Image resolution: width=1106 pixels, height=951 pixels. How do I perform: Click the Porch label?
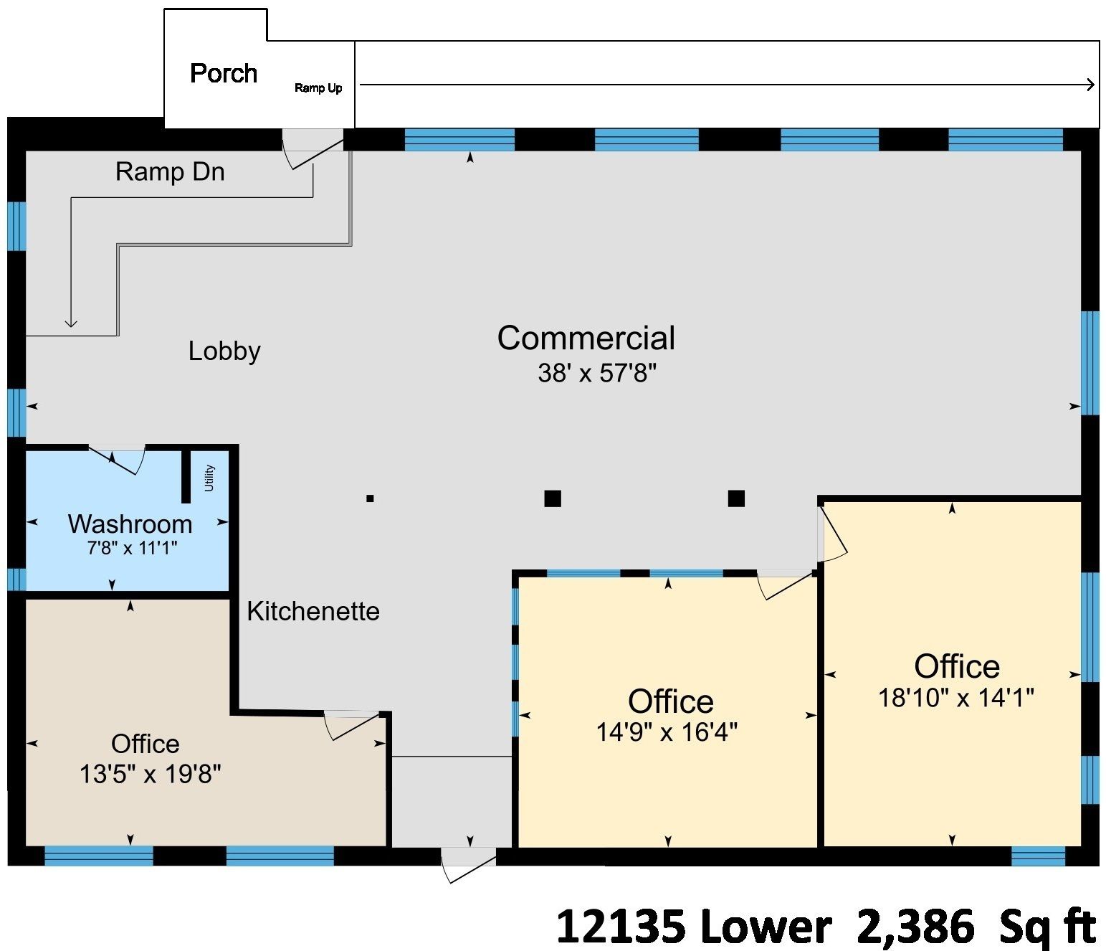(x=224, y=73)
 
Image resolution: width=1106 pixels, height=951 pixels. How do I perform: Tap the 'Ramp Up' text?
(x=318, y=88)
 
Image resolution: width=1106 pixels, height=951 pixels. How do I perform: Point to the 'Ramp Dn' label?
(x=170, y=172)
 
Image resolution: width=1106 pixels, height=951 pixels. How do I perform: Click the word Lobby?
(x=225, y=352)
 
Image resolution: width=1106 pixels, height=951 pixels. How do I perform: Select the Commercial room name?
(x=586, y=338)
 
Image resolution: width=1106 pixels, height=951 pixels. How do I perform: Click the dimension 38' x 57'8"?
(x=596, y=373)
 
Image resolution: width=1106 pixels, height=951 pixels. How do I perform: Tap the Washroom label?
(x=130, y=524)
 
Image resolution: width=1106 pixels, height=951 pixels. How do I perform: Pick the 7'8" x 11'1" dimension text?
(x=132, y=549)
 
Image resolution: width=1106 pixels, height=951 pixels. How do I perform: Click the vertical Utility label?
(x=209, y=478)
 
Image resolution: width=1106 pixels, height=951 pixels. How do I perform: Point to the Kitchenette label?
(x=313, y=612)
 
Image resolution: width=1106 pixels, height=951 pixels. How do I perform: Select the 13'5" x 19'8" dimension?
(x=151, y=775)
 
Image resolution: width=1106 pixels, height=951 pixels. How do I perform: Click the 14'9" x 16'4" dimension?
(x=667, y=732)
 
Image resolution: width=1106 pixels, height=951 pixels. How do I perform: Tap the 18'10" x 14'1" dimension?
(x=956, y=698)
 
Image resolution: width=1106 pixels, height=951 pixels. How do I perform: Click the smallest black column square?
(x=370, y=498)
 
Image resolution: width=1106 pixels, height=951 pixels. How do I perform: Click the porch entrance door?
(x=313, y=149)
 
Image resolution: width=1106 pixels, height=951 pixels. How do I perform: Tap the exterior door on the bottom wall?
(x=469, y=864)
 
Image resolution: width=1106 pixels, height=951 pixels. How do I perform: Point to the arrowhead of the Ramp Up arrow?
(x=1090, y=85)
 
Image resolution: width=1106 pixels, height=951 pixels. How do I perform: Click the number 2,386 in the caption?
(x=915, y=926)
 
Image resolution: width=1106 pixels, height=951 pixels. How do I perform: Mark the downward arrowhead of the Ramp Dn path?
(x=71, y=323)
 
